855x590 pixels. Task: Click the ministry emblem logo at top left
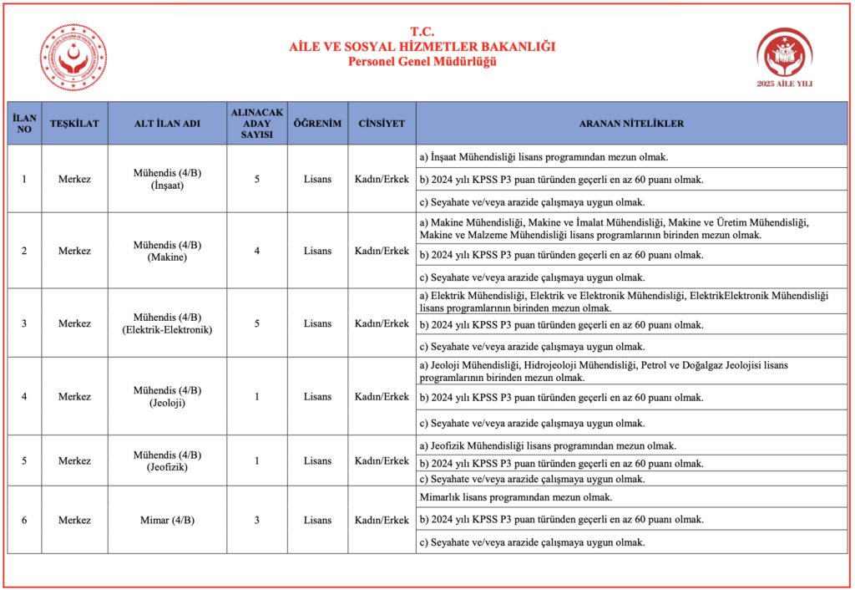tap(73, 58)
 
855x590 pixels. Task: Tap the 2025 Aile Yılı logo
tap(783, 56)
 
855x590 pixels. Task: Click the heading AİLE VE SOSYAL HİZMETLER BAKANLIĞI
tap(422, 47)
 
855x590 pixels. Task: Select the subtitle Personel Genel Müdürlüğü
tap(422, 61)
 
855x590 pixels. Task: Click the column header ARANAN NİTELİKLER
tap(631, 124)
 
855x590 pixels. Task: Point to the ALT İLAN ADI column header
tap(167, 124)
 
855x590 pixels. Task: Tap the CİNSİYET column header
tap(382, 124)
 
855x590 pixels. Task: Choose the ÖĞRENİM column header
tap(317, 124)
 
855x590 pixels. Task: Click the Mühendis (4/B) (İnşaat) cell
tap(167, 179)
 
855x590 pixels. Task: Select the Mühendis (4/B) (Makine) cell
tap(167, 251)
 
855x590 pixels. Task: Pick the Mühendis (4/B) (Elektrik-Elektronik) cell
tap(167, 323)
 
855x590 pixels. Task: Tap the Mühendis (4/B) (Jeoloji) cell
tap(167, 396)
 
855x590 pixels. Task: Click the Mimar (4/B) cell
tap(167, 520)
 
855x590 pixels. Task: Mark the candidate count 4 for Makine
tap(257, 251)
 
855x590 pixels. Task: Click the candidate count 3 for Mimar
tap(257, 520)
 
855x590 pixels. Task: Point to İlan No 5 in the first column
tap(24, 460)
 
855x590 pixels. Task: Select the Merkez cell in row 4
tap(74, 396)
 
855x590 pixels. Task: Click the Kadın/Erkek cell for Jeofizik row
tap(382, 460)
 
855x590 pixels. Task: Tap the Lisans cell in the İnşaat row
tap(317, 179)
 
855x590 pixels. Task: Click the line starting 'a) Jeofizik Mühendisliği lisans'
tap(548, 445)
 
